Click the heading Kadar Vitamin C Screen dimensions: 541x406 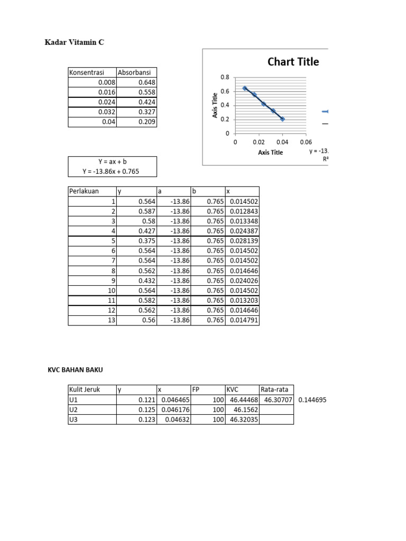click(x=75, y=42)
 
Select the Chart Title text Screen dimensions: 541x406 click(x=293, y=62)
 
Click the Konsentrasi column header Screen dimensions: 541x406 click(x=86, y=72)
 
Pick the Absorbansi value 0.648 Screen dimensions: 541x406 click(x=146, y=82)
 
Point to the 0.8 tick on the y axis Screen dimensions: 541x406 click(x=225, y=77)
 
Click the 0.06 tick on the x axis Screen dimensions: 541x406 click(x=306, y=142)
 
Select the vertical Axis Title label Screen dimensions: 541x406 click(x=216, y=105)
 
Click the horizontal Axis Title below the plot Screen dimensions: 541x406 click(x=270, y=153)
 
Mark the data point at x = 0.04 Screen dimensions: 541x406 click(x=282, y=119)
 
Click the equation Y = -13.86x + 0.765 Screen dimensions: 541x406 click(x=112, y=171)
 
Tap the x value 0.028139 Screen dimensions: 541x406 click(x=243, y=240)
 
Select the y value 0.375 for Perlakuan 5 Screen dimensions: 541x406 click(x=146, y=240)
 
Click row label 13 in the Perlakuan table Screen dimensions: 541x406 click(x=111, y=320)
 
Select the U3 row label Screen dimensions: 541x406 click(x=74, y=419)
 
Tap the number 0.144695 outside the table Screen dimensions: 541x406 click(x=312, y=400)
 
